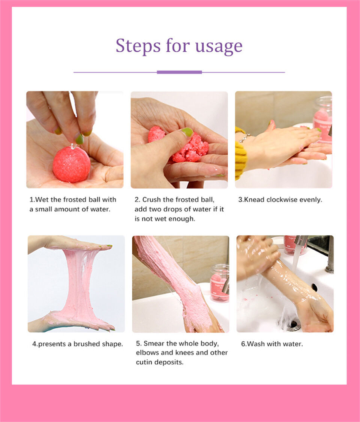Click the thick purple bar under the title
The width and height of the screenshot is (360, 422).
click(179, 72)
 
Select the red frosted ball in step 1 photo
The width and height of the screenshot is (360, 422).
click(71, 164)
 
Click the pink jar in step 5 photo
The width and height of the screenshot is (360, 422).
click(219, 283)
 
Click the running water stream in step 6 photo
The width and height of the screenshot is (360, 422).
click(296, 259)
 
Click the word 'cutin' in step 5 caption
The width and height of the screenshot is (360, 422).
click(144, 362)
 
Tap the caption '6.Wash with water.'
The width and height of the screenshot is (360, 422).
click(271, 344)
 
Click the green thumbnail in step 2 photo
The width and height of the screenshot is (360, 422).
click(187, 132)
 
